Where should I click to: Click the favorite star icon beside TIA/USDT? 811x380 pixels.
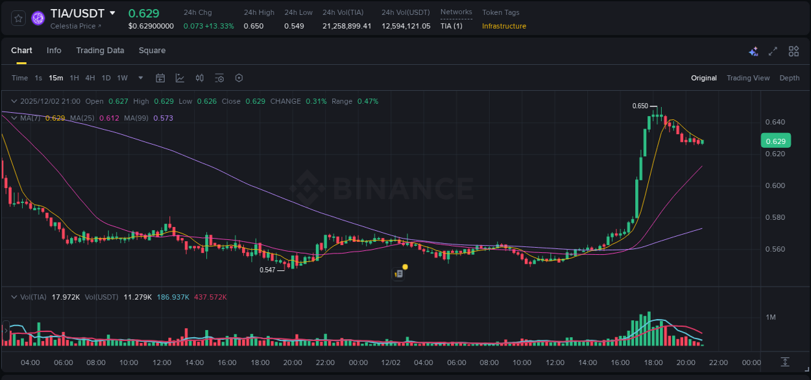tap(18, 18)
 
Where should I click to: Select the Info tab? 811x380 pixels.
tap(54, 51)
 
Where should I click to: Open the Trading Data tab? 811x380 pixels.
tap(100, 51)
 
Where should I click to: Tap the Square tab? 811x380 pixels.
tap(152, 51)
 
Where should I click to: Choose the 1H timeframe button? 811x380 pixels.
tap(74, 78)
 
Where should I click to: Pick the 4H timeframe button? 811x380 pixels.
tap(90, 78)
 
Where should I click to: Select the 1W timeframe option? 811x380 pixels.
tap(122, 78)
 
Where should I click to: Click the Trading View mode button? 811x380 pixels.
tap(748, 78)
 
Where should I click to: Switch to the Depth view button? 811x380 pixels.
tap(790, 78)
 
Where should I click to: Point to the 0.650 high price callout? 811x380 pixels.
tap(640, 106)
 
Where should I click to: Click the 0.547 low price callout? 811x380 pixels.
tap(267, 270)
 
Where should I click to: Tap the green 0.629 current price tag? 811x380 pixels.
tap(775, 141)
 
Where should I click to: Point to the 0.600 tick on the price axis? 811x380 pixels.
tap(775, 185)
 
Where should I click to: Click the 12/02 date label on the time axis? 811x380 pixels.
tap(391, 362)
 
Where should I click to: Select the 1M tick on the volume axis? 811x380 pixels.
tap(771, 317)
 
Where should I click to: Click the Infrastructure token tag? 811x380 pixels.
tap(504, 26)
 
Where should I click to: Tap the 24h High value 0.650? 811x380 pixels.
tap(254, 26)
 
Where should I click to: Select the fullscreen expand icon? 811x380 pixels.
tap(773, 51)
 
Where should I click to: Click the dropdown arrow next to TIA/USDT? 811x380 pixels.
tap(112, 13)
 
